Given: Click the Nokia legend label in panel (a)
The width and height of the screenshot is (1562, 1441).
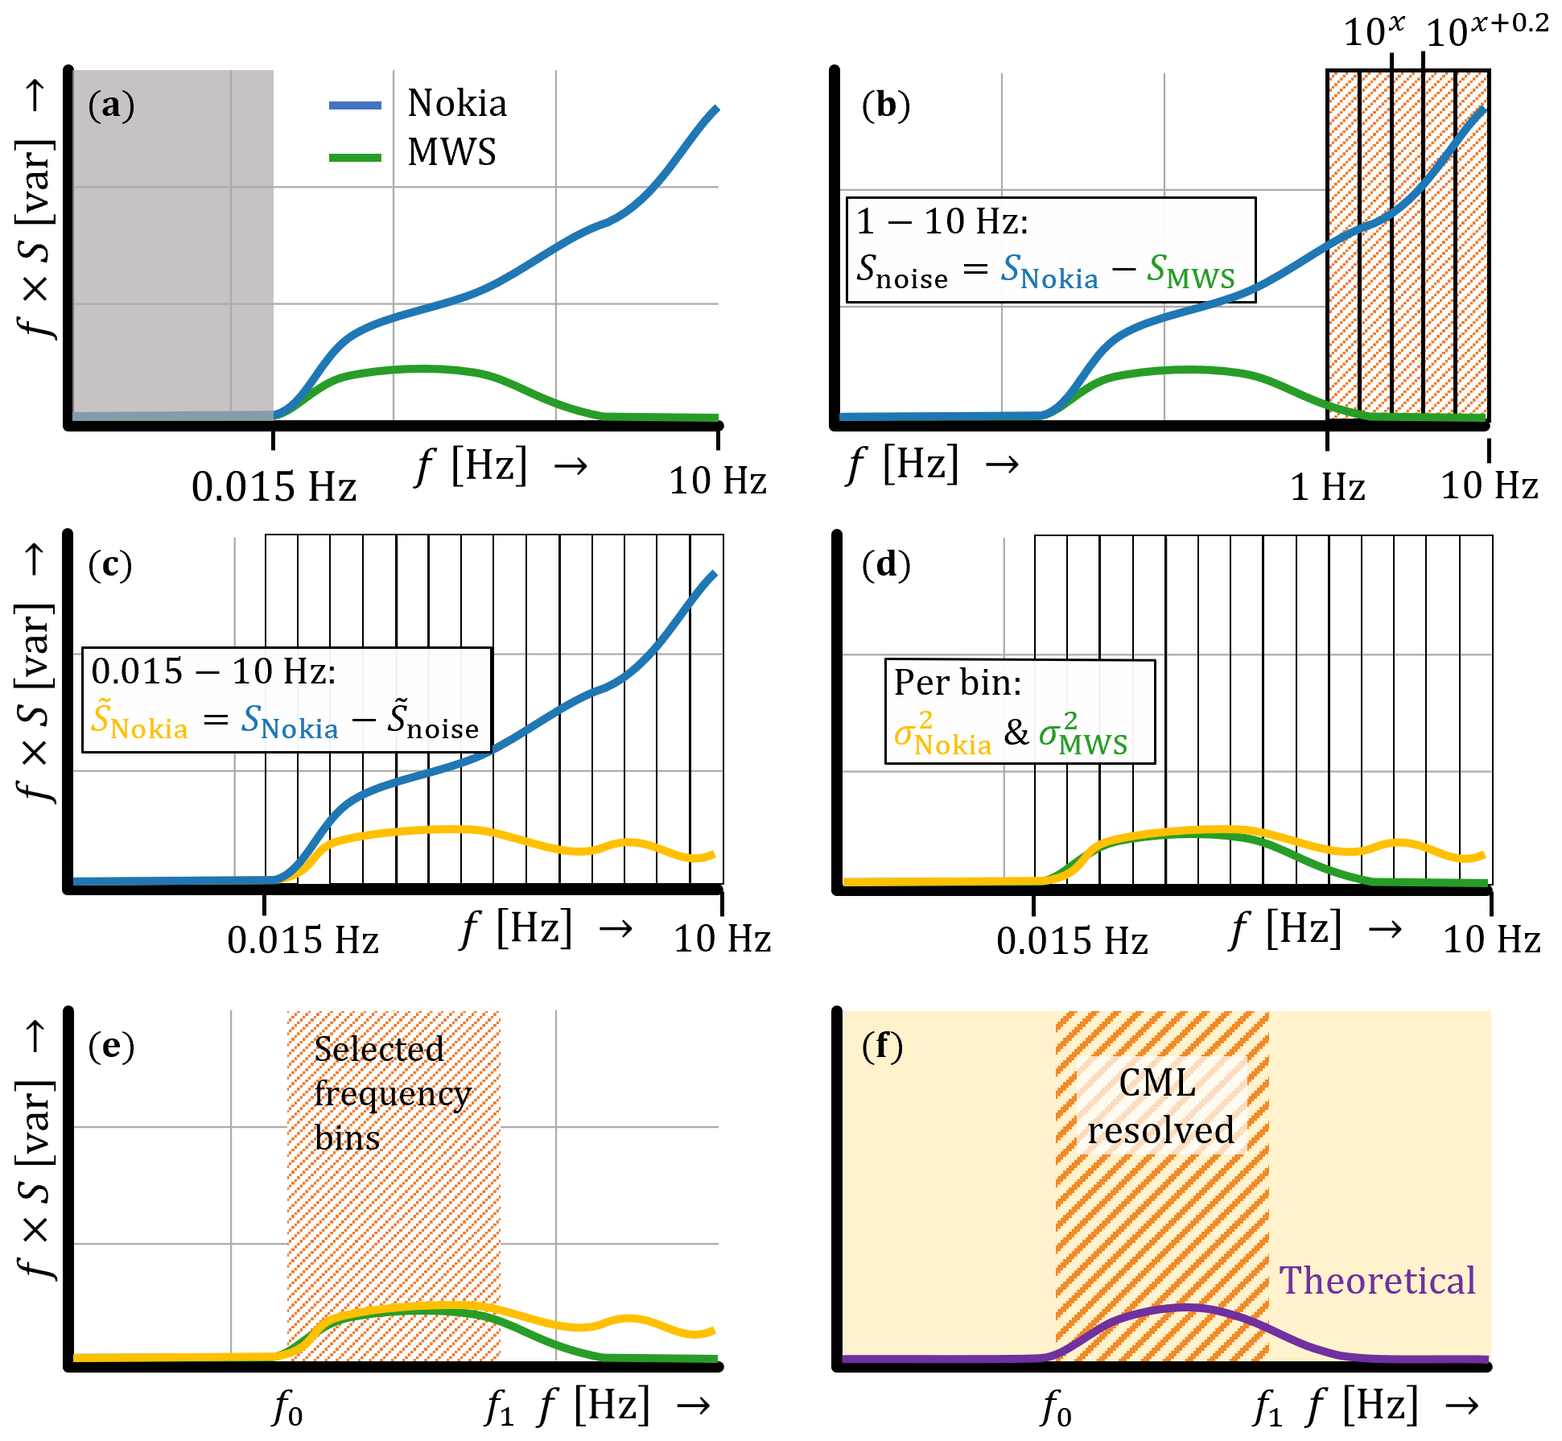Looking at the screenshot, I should (456, 103).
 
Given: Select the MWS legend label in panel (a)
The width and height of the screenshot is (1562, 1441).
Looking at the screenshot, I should (451, 152).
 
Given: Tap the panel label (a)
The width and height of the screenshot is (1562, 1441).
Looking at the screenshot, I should (111, 105).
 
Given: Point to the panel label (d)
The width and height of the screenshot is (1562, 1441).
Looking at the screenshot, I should (885, 565).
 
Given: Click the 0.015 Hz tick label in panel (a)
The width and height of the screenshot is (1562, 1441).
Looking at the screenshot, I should (274, 487).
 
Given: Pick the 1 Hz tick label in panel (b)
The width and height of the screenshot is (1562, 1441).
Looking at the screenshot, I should (1327, 487).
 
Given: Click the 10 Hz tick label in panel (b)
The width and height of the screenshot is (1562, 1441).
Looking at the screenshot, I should (1489, 485).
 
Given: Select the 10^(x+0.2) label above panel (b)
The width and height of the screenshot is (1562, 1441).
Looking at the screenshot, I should (1486, 31).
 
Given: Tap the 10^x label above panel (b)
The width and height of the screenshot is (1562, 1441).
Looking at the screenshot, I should (1374, 32).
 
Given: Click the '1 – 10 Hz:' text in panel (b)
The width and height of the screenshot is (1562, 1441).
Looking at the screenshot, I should (942, 221).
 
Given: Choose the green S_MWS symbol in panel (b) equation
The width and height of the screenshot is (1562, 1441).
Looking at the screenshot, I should (1190, 270).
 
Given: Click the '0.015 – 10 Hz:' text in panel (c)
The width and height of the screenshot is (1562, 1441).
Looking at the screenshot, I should (213, 671).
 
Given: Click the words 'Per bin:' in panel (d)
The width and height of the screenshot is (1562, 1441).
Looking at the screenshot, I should (957, 683).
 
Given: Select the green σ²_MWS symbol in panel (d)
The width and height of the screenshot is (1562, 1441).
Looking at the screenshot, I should (1082, 733).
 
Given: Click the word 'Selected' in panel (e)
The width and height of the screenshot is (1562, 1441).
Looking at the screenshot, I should (378, 1049).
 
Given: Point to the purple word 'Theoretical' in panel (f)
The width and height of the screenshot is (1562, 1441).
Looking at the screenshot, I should (1377, 1281).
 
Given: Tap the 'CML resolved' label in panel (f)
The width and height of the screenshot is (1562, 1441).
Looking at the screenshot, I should (1160, 1107).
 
